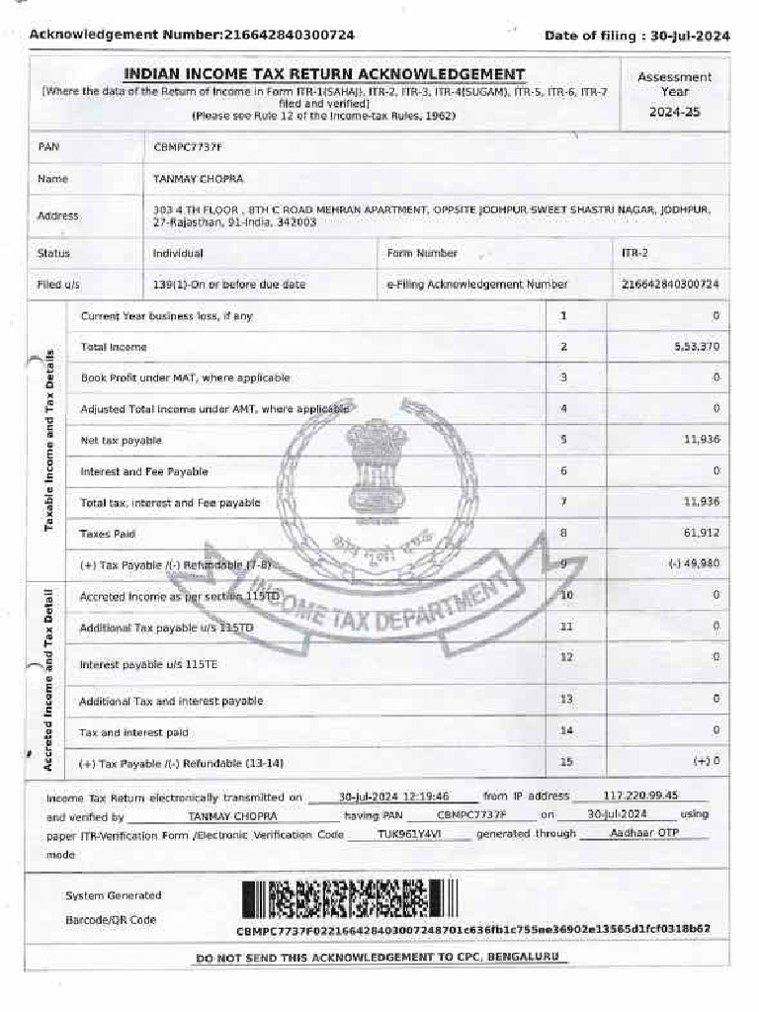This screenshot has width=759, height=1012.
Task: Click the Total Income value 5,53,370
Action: coord(698,347)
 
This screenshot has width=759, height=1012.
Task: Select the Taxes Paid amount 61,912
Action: coord(701,534)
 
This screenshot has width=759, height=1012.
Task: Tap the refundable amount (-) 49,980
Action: coord(693,564)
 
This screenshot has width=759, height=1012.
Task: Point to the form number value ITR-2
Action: coord(634,253)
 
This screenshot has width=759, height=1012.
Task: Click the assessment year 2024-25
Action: coord(674,112)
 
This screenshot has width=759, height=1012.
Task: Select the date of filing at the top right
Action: coord(637,36)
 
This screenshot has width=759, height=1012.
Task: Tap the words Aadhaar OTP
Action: coord(645,834)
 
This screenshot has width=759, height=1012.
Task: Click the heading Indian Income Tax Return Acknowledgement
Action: coord(324,74)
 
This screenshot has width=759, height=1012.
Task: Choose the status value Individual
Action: coord(178,253)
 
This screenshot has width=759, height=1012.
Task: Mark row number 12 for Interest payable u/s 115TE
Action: coord(566,657)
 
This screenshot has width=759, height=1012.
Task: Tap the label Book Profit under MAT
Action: coord(185,378)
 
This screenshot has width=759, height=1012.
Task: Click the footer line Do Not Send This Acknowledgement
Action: coord(378,958)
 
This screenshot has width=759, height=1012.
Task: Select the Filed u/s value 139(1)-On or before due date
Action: coord(229,285)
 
